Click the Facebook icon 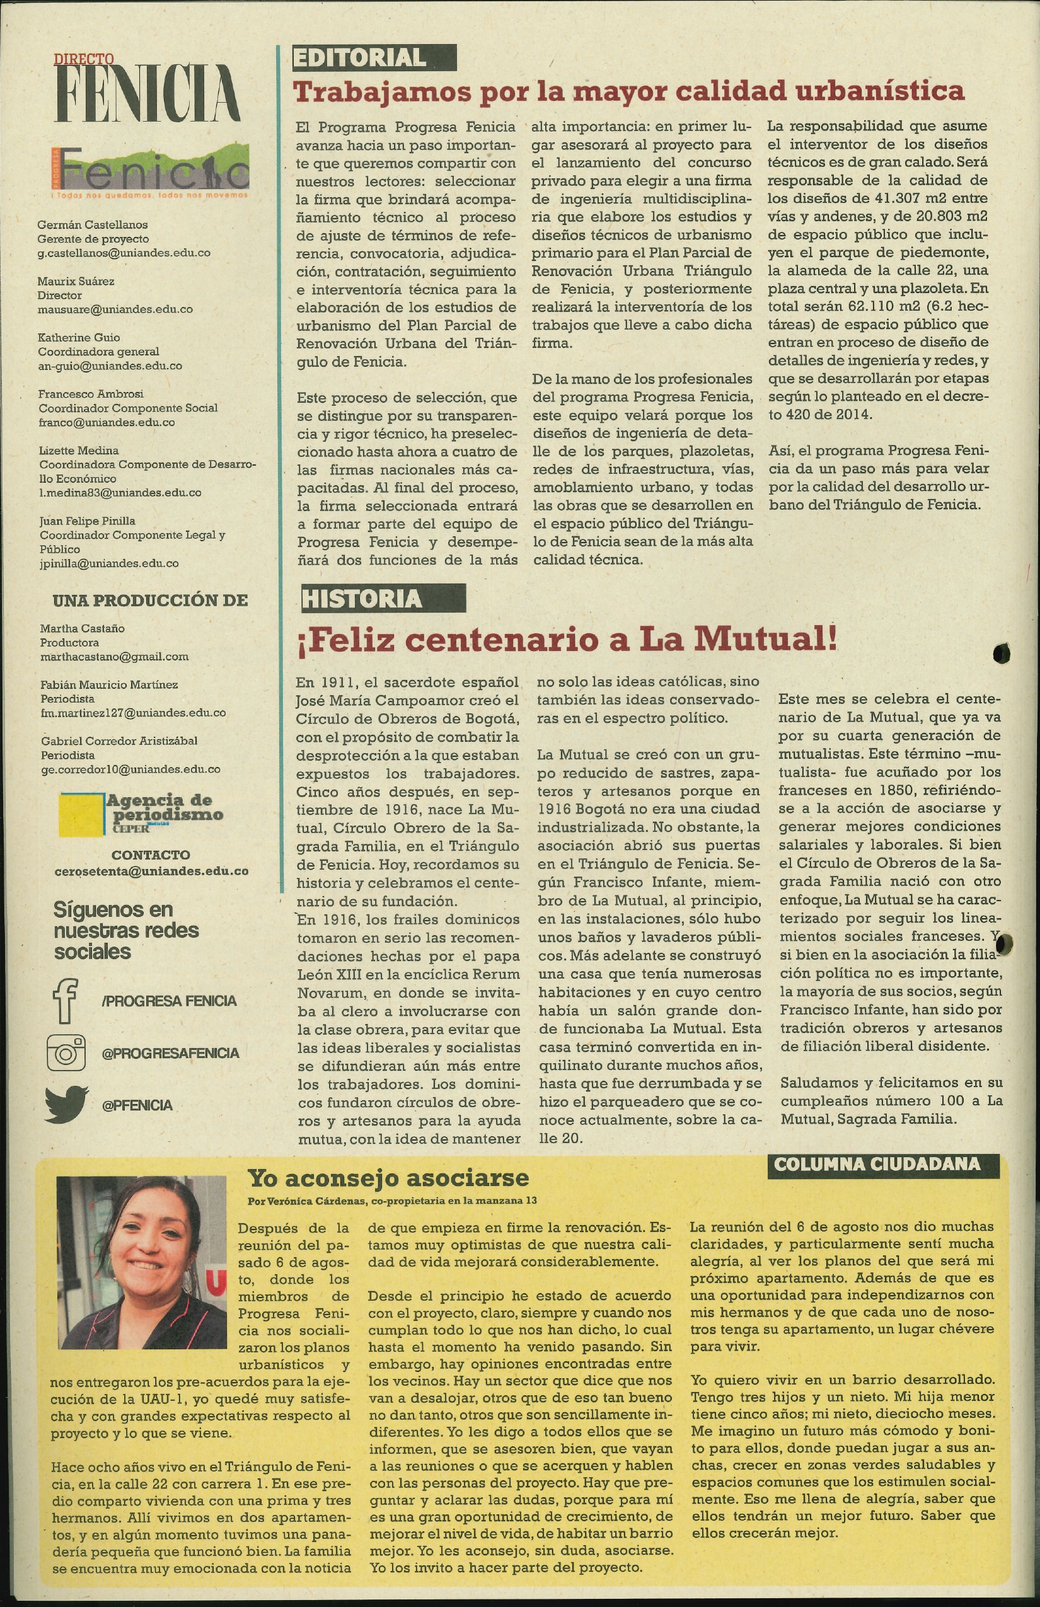click(x=65, y=999)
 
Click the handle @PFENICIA click(x=137, y=1105)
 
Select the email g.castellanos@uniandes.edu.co click(x=124, y=253)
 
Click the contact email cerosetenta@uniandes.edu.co click(x=151, y=871)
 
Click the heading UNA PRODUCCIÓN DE click(x=150, y=599)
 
